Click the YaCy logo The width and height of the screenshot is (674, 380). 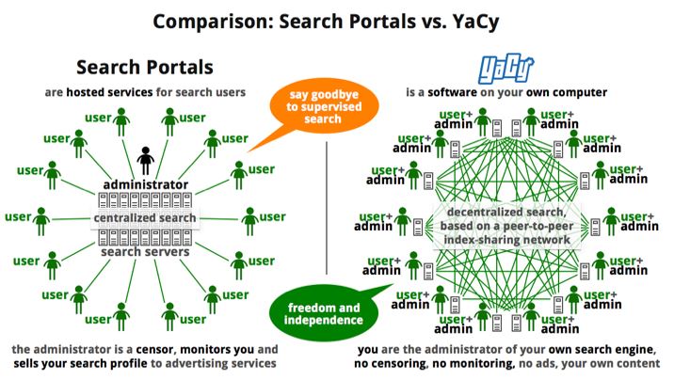click(x=506, y=69)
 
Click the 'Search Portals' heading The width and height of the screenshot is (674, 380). click(x=145, y=68)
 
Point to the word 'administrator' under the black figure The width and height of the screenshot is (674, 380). click(x=146, y=184)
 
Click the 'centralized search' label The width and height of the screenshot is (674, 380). click(x=145, y=218)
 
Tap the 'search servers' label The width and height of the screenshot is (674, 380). click(x=145, y=252)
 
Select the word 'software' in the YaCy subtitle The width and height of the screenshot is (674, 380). click(x=460, y=92)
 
